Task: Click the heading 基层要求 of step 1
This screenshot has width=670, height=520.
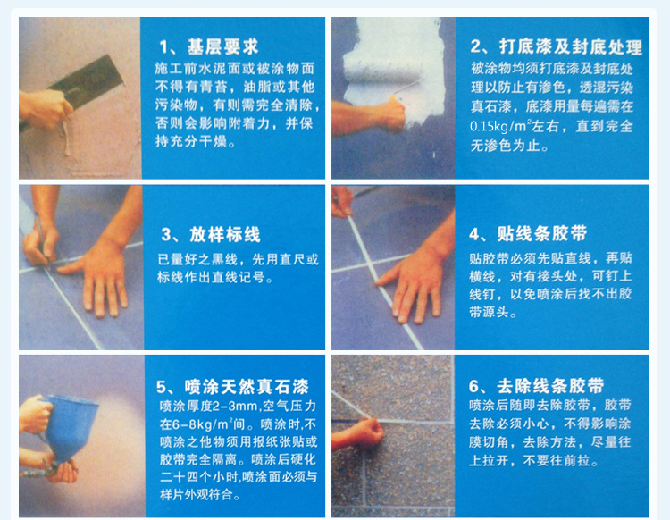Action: click(x=222, y=46)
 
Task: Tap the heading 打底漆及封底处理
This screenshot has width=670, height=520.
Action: click(x=571, y=46)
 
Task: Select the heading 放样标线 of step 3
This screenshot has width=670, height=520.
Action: click(x=225, y=235)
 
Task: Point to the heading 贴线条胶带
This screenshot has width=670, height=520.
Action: click(x=542, y=234)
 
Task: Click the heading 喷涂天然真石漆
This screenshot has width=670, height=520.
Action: click(x=247, y=387)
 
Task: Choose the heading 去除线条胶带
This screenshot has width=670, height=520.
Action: click(x=550, y=386)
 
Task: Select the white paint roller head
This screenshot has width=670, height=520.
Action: click(x=381, y=71)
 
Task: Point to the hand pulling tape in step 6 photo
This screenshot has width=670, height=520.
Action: click(x=358, y=433)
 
